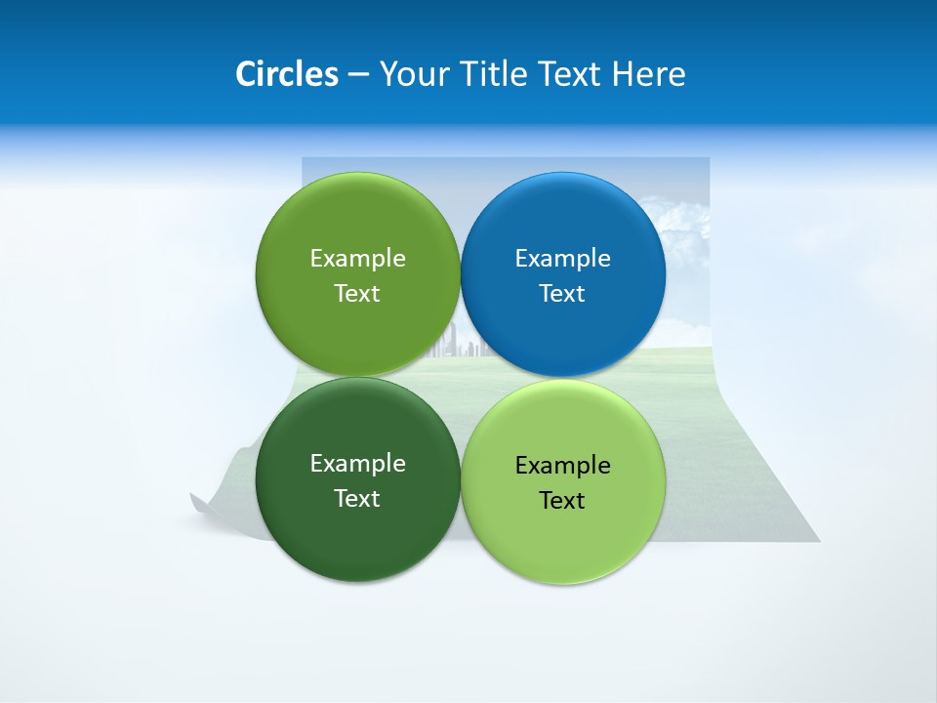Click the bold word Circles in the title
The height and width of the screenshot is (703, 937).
[x=287, y=74]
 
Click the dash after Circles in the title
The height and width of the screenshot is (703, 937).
[x=358, y=75]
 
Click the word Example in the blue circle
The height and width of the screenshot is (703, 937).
[x=563, y=259]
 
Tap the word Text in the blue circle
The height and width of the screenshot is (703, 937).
[x=563, y=294]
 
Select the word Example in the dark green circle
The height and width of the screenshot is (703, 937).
[x=357, y=464]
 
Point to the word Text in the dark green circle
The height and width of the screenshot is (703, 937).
[x=357, y=499]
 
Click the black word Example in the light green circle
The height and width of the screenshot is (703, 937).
[x=563, y=466]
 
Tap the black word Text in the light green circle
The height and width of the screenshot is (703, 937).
[x=563, y=501]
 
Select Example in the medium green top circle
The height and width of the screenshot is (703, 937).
[x=357, y=259]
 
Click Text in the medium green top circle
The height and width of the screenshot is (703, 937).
[x=357, y=294]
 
